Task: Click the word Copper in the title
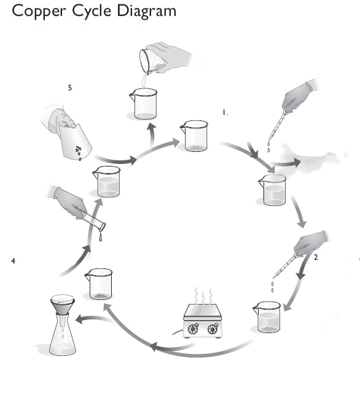(39, 12)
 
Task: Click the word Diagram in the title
(147, 12)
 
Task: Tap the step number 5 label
(70, 88)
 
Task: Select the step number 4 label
(13, 260)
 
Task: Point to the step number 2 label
(316, 257)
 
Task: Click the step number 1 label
(225, 112)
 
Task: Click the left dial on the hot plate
(193, 329)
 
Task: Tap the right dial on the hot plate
(213, 329)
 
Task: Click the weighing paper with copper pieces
(74, 141)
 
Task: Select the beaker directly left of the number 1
(194, 136)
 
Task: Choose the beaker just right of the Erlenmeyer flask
(99, 284)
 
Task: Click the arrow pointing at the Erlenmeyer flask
(93, 319)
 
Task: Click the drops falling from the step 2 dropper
(272, 287)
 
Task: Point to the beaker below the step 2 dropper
(267, 317)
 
